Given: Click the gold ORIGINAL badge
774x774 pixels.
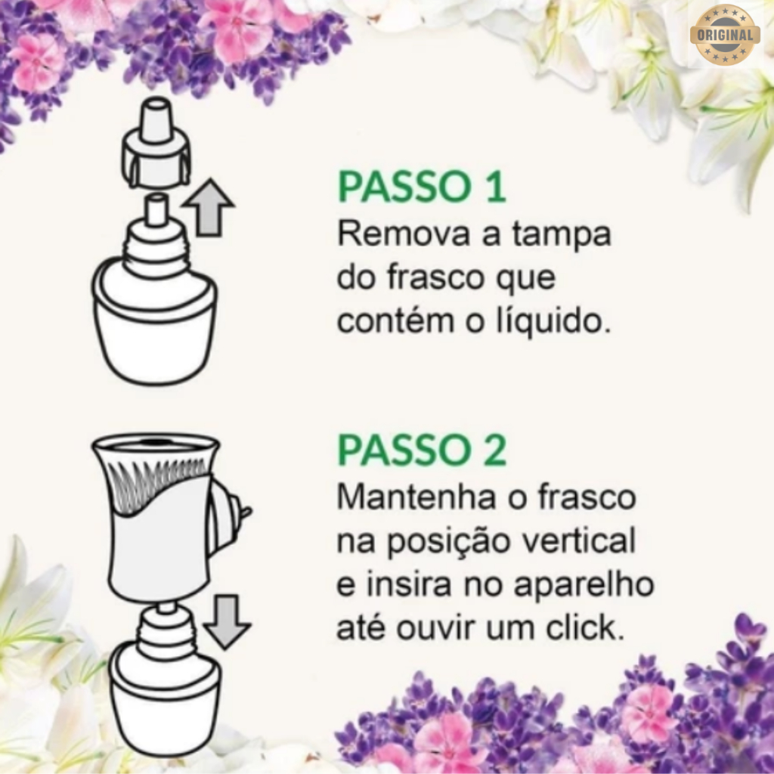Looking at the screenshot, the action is [x=725, y=35].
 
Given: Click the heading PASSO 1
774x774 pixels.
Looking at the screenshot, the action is [x=422, y=187].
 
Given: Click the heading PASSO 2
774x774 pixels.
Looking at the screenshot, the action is [x=422, y=450].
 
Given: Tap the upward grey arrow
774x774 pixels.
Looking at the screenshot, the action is [x=209, y=207].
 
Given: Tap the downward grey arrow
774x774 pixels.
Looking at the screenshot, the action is [x=227, y=621].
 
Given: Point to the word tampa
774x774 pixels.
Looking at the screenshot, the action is [x=562, y=235].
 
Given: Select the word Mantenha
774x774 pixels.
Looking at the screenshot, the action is [x=416, y=497].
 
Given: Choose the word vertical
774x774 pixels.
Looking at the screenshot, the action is [x=579, y=540].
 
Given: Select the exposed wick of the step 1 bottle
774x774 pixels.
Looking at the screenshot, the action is [x=156, y=209].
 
